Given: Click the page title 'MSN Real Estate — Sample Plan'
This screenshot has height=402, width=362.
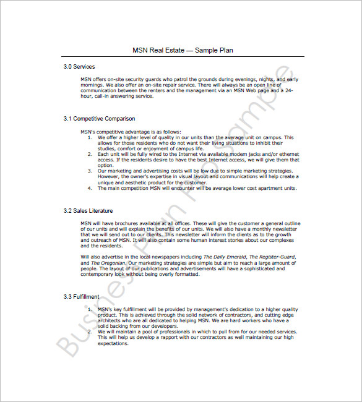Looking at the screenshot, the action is (x=183, y=50).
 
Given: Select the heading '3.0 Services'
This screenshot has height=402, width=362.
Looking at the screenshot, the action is (x=79, y=66).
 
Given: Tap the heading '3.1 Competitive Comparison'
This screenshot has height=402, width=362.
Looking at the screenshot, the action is (x=99, y=118).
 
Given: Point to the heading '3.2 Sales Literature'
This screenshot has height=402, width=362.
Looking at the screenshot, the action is (x=88, y=211).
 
